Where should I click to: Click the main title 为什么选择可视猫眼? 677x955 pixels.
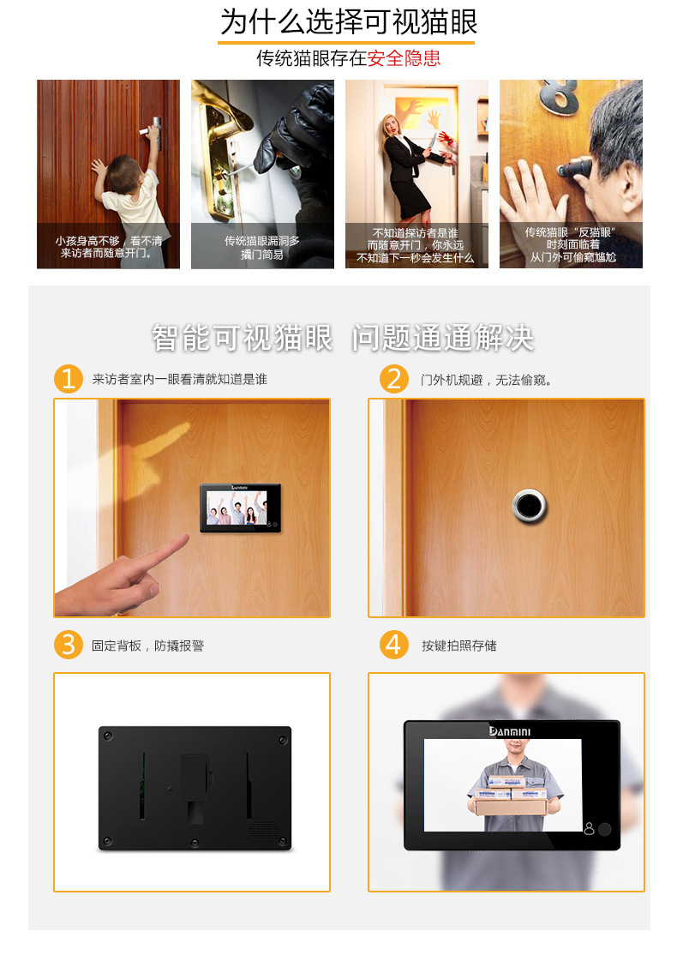click(x=349, y=22)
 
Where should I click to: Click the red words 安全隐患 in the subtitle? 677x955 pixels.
click(x=404, y=58)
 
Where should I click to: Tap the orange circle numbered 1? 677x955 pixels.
click(x=69, y=379)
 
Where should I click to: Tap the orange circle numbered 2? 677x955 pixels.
click(x=394, y=379)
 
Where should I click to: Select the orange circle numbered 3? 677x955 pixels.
click(x=69, y=645)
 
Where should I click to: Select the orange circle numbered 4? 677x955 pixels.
click(x=394, y=645)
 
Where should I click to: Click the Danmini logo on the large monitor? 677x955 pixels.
click(x=510, y=731)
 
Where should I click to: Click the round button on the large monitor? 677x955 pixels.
click(x=604, y=829)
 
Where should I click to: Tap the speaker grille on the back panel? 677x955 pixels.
click(x=264, y=829)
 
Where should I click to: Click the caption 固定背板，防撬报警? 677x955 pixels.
click(x=148, y=646)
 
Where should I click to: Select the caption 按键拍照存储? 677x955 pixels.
click(x=459, y=646)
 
